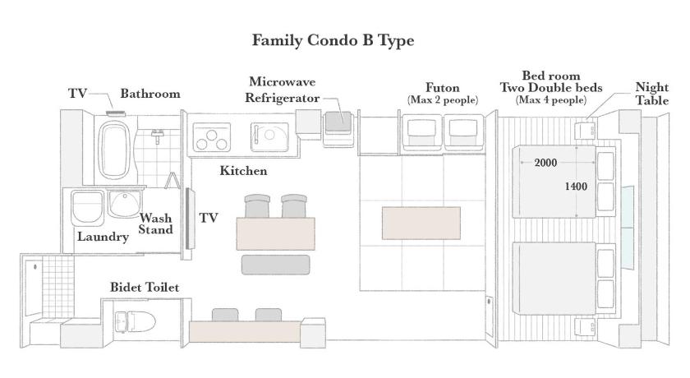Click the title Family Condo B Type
(x=333, y=40)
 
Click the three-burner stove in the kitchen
(x=212, y=137)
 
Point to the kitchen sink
(x=269, y=137)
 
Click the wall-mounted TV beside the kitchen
(x=190, y=219)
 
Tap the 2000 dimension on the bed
(x=545, y=163)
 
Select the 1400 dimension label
(x=576, y=187)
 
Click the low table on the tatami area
(x=421, y=224)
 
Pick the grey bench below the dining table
(x=275, y=265)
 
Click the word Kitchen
(x=243, y=171)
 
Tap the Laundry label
(x=103, y=237)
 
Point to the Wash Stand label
(x=156, y=224)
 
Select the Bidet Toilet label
(x=145, y=288)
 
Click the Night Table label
(x=651, y=94)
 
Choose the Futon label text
(x=442, y=88)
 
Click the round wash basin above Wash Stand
(x=125, y=204)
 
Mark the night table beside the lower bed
(x=586, y=327)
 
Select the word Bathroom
(x=150, y=94)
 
